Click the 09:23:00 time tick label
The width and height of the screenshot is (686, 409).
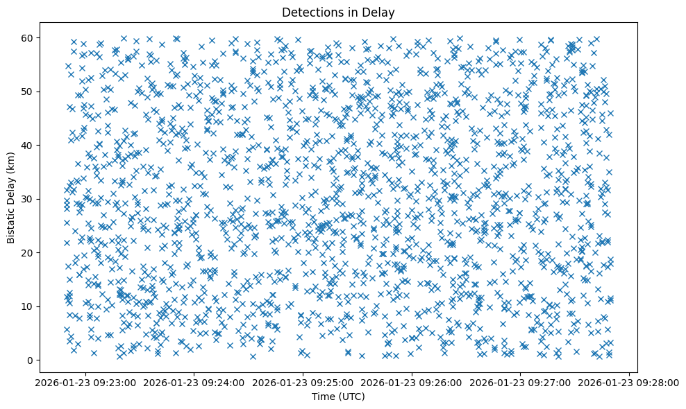pyautogui.click(x=85, y=382)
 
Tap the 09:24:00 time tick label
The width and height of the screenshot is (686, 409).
pyautogui.click(x=194, y=382)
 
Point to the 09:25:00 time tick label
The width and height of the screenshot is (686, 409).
pyautogui.click(x=303, y=382)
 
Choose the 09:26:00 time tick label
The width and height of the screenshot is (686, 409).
pyautogui.click(x=412, y=382)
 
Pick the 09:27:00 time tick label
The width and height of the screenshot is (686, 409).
pyautogui.click(x=521, y=382)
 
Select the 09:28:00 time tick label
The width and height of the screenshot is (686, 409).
pyautogui.click(x=630, y=382)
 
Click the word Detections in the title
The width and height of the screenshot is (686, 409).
pyautogui.click(x=310, y=12)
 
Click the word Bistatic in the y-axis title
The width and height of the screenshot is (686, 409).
pyautogui.click(x=12, y=221)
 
